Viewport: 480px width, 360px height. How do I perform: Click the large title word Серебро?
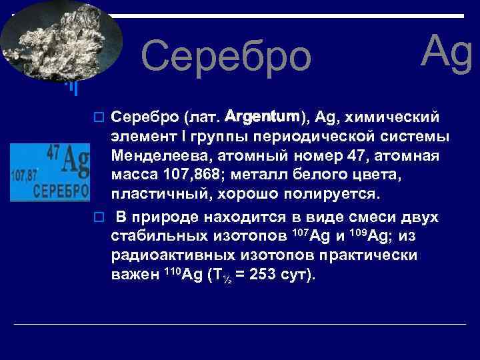[226, 56]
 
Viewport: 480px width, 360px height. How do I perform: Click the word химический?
[396, 118]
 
